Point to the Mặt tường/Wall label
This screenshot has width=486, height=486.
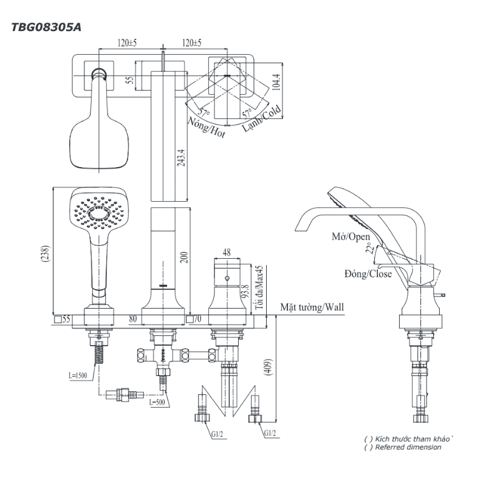[x=312, y=307]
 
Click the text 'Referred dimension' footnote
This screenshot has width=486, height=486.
[x=408, y=447]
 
